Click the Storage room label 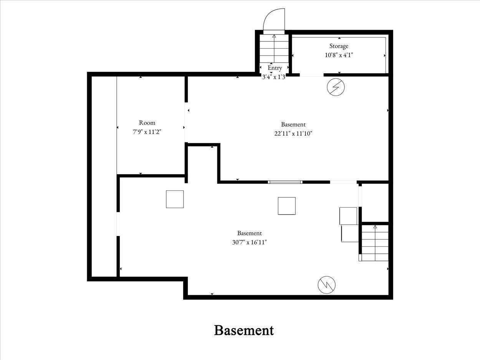pos(339,46)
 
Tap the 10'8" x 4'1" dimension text pos(339,55)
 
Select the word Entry pos(275,68)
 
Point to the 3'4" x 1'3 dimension pos(273,77)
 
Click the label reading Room pos(147,123)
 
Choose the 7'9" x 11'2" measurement pos(147,132)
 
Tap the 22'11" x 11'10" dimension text pos(293,134)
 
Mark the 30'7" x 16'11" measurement pos(249,242)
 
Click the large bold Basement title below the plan pos(244,330)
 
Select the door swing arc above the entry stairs pos(274,20)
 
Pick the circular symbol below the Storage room pos(336,88)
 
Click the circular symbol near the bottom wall pos(326,285)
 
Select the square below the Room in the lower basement pos(175,199)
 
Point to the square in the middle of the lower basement pos(286,206)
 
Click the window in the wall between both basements pos(285,182)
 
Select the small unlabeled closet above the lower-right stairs pos(375,203)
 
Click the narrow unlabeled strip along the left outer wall pos(104,177)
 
